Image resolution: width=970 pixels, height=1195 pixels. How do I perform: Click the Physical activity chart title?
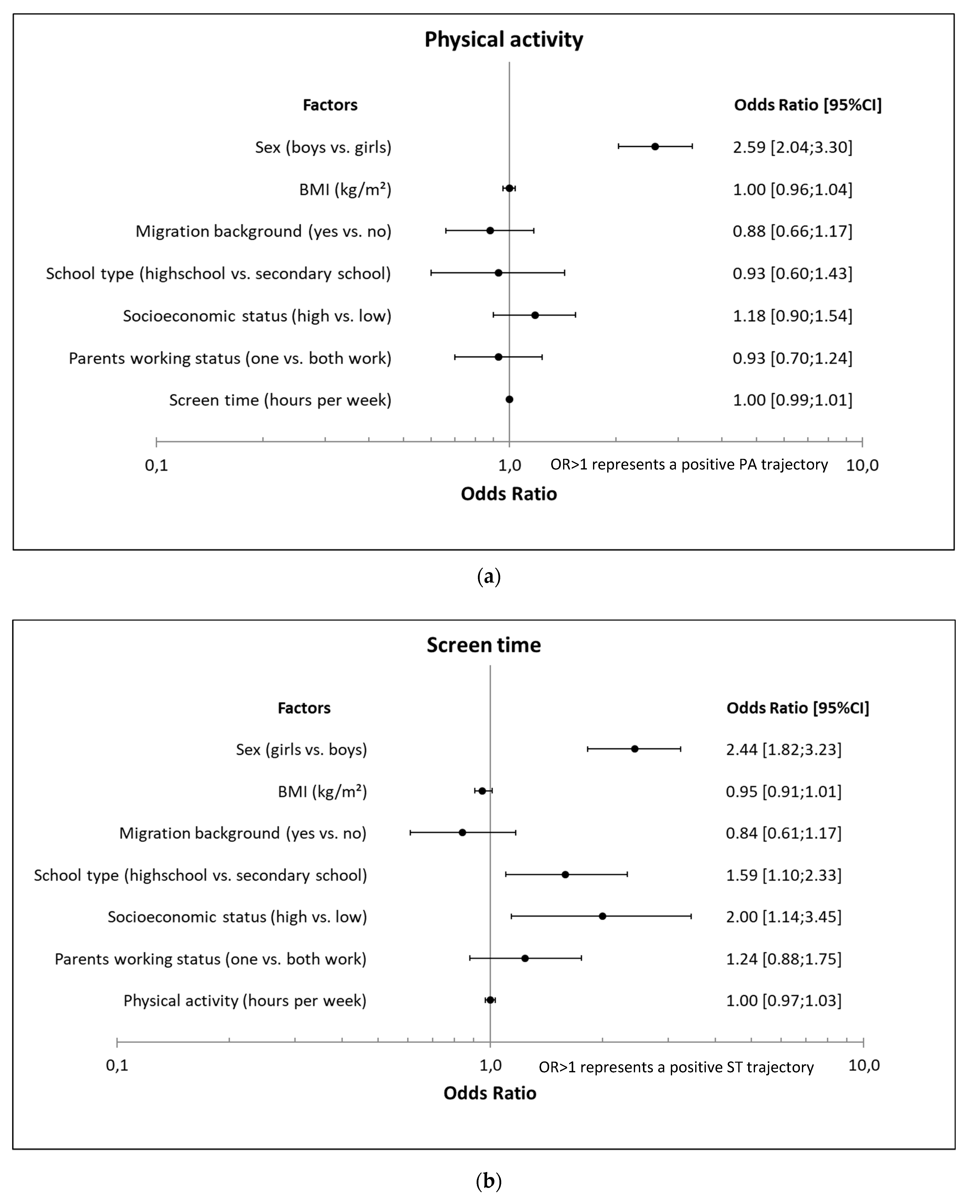(x=504, y=40)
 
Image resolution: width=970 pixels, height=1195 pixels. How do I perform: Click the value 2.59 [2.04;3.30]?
(x=792, y=148)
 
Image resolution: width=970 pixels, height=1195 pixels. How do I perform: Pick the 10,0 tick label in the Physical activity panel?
(x=862, y=465)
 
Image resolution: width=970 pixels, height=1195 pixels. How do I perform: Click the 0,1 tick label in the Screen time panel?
(x=117, y=1065)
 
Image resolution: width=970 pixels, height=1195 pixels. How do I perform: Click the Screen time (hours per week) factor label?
(x=280, y=400)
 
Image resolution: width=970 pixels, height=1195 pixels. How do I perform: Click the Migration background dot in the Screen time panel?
(x=462, y=832)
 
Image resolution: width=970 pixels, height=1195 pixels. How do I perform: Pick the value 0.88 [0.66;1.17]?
(x=792, y=231)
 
